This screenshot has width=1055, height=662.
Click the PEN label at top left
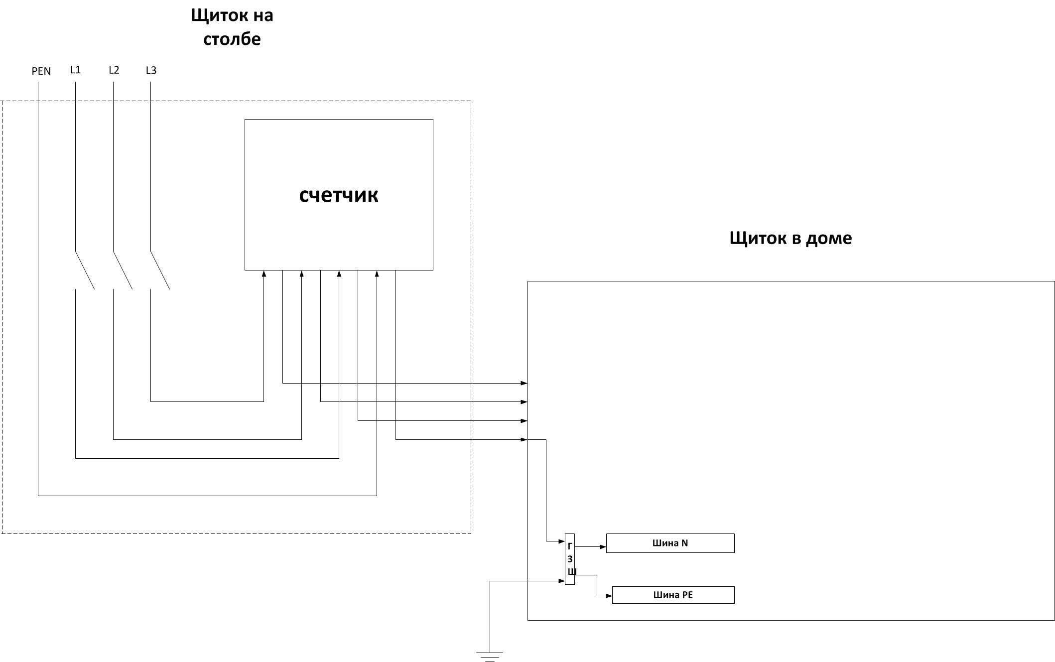click(41, 71)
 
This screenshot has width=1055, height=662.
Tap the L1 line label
click(75, 70)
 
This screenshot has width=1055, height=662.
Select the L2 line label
click(114, 70)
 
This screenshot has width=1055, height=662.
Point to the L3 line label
click(151, 70)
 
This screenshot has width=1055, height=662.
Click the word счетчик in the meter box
click(339, 195)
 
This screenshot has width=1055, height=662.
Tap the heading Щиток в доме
click(791, 238)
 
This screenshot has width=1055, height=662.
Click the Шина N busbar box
click(670, 543)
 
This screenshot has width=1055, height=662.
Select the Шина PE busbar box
click(673, 595)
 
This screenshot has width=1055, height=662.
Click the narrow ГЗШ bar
click(570, 559)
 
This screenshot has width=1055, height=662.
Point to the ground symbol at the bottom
click(490, 657)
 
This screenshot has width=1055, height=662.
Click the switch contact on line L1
click(85, 270)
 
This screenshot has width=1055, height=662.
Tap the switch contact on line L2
click(123, 270)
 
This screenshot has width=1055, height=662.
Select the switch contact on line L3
click(160, 270)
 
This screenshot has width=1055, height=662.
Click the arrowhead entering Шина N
click(603, 546)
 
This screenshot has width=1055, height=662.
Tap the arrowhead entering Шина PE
click(609, 596)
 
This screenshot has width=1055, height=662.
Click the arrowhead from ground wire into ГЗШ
click(561, 581)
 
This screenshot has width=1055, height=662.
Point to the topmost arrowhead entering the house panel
click(524, 383)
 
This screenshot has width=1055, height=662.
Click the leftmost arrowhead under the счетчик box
click(264, 273)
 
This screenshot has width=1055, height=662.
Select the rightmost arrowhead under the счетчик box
click(377, 273)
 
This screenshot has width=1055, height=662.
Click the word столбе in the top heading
click(232, 39)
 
